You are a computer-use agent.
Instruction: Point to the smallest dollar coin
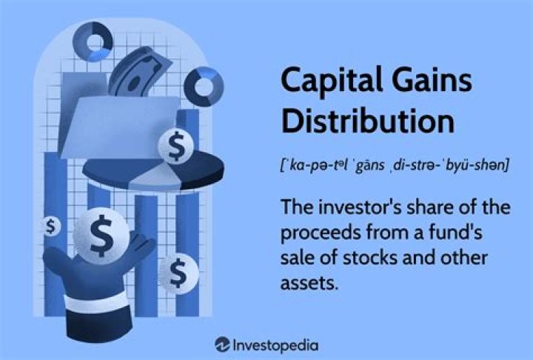pos(50,227)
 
